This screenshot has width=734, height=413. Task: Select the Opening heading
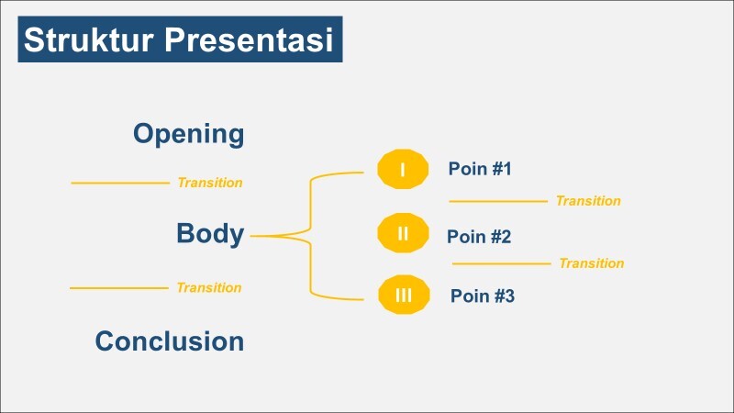pyautogui.click(x=188, y=134)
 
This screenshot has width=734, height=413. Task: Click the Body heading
pyautogui.click(x=210, y=234)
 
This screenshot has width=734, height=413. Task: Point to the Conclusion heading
pyautogui.click(x=170, y=341)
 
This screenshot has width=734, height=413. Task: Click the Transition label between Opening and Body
pyautogui.click(x=210, y=183)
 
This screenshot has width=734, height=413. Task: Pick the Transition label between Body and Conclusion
pyautogui.click(x=209, y=287)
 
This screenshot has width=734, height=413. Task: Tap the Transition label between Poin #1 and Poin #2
pyautogui.click(x=588, y=201)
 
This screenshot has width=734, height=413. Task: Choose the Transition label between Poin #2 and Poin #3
pyautogui.click(x=591, y=263)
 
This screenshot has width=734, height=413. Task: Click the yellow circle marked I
pyautogui.click(x=403, y=170)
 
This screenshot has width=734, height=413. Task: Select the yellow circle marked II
pyautogui.click(x=403, y=233)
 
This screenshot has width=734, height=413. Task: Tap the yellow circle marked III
pyautogui.click(x=403, y=296)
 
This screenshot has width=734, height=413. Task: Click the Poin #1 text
pyautogui.click(x=479, y=169)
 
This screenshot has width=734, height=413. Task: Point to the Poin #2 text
pyautogui.click(x=479, y=237)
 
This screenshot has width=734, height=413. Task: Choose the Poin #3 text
pyautogui.click(x=483, y=296)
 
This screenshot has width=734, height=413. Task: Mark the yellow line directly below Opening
pyautogui.click(x=120, y=184)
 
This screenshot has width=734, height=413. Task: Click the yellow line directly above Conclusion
pyautogui.click(x=119, y=288)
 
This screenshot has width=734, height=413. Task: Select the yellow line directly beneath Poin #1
pyautogui.click(x=497, y=201)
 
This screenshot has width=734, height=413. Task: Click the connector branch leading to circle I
pyautogui.click(x=335, y=173)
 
